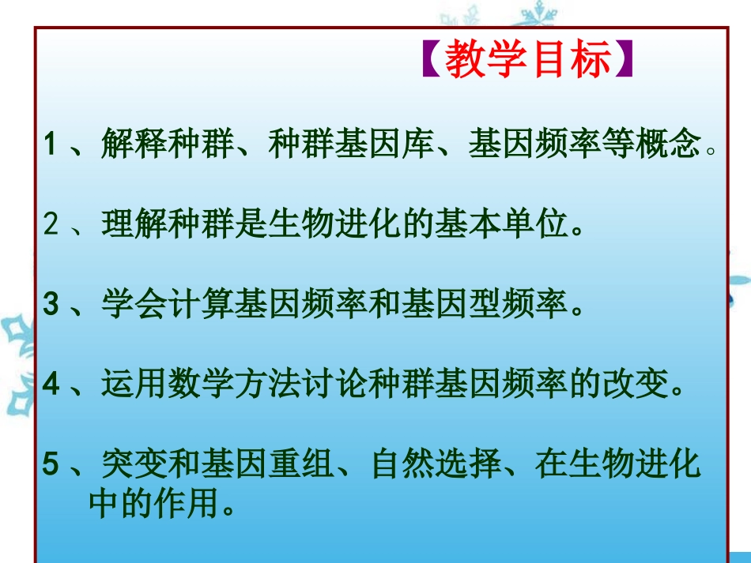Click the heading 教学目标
pyautogui.click(x=529, y=62)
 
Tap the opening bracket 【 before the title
pyautogui.click(x=430, y=62)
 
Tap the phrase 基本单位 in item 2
pyautogui.click(x=503, y=227)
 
